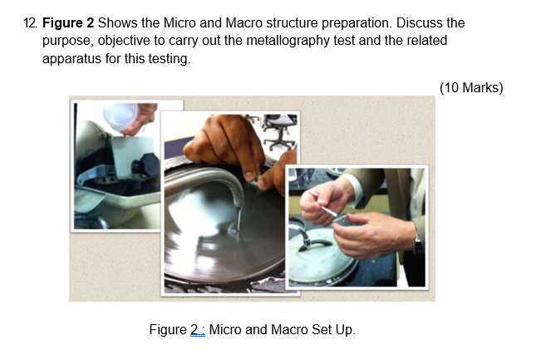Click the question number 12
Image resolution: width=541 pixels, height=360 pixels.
point(31,22)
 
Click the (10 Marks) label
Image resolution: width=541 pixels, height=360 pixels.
point(470,87)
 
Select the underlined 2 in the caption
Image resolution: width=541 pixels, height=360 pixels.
point(194,330)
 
